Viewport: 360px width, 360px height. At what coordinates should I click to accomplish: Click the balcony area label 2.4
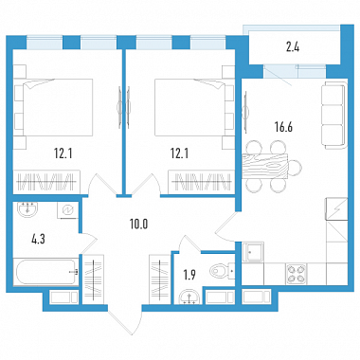293,47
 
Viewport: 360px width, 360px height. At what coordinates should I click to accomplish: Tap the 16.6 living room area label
283,127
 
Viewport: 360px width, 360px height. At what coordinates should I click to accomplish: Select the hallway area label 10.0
138,224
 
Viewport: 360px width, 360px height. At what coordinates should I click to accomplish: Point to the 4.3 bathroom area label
38,240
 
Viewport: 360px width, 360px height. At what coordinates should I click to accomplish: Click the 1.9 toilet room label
189,275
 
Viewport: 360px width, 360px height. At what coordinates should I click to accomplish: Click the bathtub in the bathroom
46,272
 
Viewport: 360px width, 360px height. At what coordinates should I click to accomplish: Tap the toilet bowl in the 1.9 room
219,271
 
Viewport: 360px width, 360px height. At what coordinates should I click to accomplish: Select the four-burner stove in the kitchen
297,273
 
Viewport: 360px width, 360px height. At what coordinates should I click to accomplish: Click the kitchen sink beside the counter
253,252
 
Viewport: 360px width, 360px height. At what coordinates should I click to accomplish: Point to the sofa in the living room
334,115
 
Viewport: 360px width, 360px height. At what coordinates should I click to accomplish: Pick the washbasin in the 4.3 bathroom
27,209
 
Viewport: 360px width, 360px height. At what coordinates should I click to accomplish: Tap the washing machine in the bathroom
68,209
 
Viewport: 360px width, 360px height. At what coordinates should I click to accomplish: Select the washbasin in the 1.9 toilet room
189,297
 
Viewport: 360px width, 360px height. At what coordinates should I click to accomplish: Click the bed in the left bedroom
54,107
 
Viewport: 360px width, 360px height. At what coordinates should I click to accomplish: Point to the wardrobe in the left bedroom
46,182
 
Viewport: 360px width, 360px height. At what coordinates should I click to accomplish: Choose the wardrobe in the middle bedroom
202,182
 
